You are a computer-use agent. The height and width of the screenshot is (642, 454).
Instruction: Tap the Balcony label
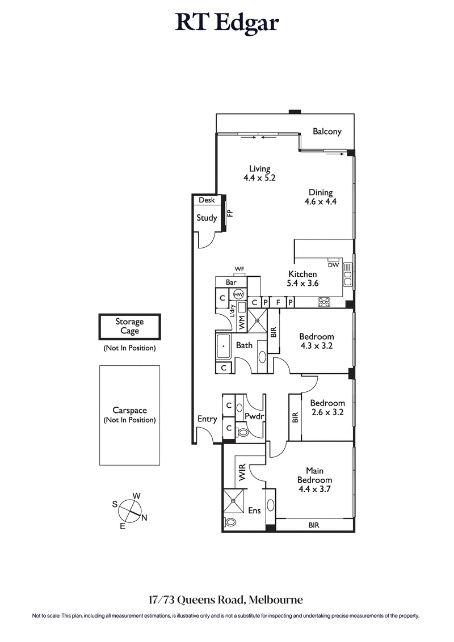click(327, 132)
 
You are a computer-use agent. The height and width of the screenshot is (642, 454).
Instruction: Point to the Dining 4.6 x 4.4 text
click(321, 197)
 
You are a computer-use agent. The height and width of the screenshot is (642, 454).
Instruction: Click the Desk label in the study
click(205, 200)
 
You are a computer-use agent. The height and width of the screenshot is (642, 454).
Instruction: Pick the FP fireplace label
click(230, 213)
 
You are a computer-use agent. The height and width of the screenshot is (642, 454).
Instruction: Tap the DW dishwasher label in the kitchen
click(333, 265)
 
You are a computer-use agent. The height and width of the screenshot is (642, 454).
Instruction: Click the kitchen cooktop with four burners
click(324, 302)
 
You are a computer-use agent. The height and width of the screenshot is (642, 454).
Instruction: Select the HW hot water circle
click(239, 294)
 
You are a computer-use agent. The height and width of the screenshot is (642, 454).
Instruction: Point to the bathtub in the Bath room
click(225, 345)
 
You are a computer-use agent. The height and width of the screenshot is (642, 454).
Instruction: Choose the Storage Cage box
click(129, 327)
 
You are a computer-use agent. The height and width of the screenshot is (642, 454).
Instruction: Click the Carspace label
click(129, 410)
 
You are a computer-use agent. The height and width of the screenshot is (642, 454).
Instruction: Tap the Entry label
click(207, 419)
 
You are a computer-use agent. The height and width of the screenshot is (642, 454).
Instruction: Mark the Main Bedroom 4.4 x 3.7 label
click(318, 480)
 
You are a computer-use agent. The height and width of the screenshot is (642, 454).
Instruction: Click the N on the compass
click(144, 517)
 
